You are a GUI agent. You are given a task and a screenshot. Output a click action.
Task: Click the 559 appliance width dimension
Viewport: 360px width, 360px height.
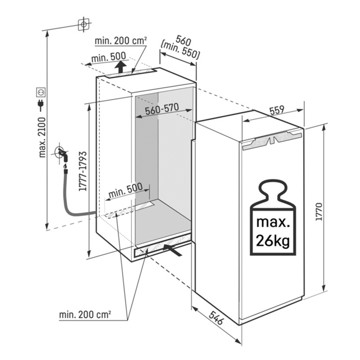click(x=277, y=111)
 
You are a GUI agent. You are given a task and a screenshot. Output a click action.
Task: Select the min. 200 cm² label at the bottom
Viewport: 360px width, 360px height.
click(x=85, y=315)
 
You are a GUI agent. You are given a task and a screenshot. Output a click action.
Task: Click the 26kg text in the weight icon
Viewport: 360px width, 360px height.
click(x=273, y=241)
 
